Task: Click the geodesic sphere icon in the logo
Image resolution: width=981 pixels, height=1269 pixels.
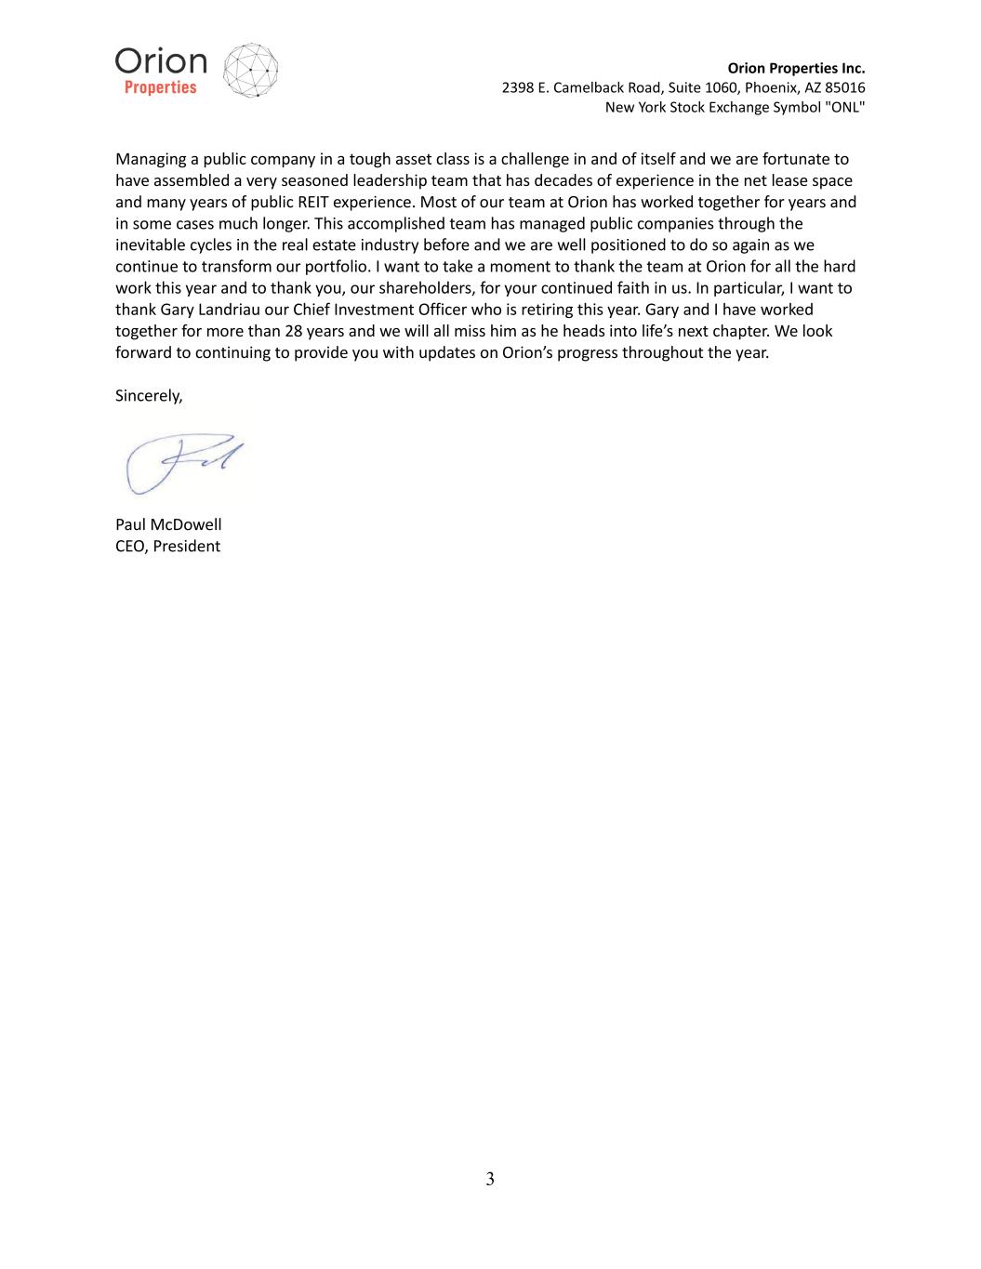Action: pyautogui.click(x=251, y=70)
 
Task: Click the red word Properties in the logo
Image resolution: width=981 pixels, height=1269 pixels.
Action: pyautogui.click(x=161, y=88)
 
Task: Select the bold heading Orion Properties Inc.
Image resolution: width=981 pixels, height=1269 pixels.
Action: pyautogui.click(x=796, y=68)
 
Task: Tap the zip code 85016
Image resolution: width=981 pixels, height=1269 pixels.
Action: pyautogui.click(x=844, y=87)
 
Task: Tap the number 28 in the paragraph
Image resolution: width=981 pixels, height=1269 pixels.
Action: pyautogui.click(x=294, y=330)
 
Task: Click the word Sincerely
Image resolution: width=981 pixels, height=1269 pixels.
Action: pyautogui.click(x=149, y=395)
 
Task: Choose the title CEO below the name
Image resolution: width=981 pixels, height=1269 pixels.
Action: pyautogui.click(x=130, y=546)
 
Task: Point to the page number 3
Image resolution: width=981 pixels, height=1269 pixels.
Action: pyautogui.click(x=490, y=1179)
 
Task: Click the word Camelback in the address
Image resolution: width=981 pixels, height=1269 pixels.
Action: pyautogui.click(x=588, y=87)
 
